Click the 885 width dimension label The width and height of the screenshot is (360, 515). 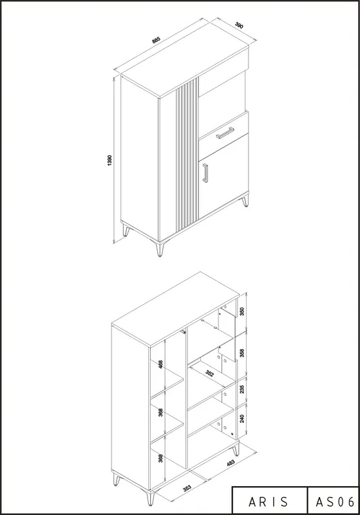click(156, 41)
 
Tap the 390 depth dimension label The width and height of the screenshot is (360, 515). click(239, 25)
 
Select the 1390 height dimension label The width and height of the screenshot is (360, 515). click(109, 160)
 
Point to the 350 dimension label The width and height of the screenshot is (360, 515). click(242, 311)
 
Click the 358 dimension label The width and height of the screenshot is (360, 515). click(242, 353)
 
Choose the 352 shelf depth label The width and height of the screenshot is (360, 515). click(209, 373)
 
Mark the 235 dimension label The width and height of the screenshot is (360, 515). click(242, 389)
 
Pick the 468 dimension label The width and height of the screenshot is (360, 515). click(160, 364)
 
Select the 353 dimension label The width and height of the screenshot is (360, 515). click(187, 488)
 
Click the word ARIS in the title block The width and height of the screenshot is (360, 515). click(269, 502)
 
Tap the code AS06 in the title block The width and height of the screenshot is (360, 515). click(335, 502)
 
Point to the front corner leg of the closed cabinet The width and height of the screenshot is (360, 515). click(160, 249)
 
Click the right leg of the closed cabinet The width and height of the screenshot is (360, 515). click(245, 201)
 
